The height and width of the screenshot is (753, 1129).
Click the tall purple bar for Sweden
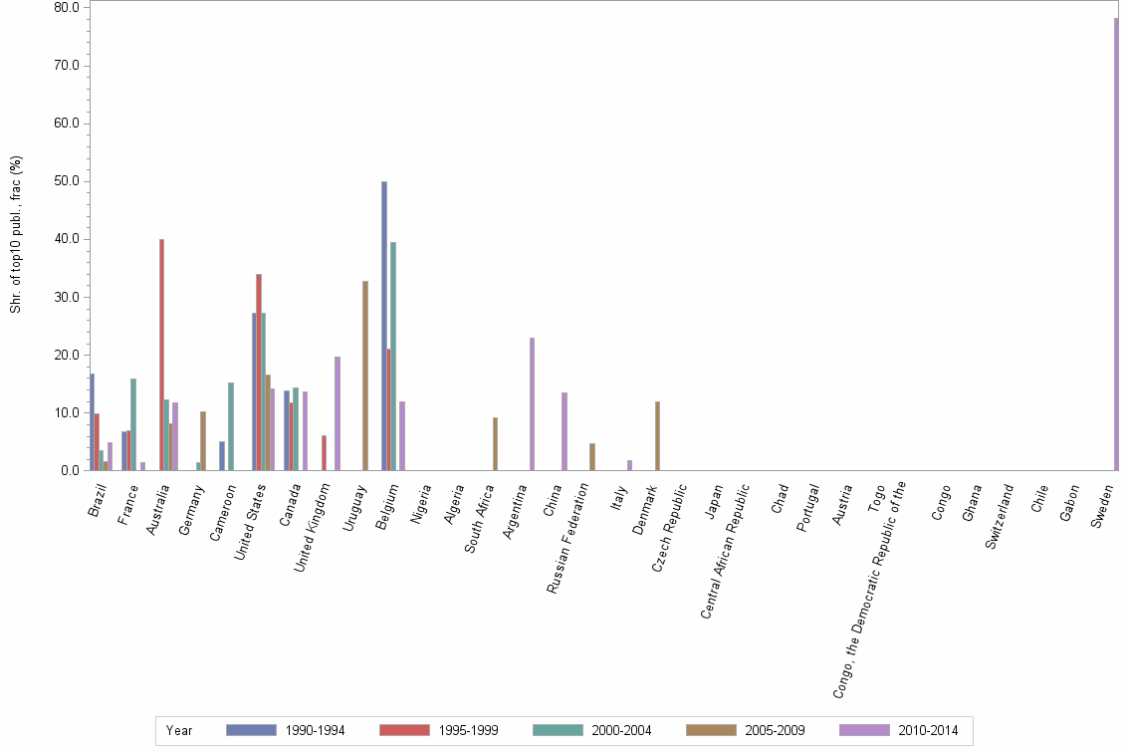1116,244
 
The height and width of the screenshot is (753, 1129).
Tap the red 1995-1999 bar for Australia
161,355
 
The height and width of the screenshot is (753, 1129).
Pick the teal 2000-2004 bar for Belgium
393,356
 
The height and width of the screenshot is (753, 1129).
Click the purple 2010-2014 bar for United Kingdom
338,413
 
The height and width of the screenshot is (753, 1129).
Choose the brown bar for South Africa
495,443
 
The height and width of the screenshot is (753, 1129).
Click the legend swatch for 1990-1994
251,730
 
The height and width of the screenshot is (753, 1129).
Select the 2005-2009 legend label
775,731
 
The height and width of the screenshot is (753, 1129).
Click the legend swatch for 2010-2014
864,730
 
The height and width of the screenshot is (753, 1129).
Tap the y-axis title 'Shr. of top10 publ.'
15,234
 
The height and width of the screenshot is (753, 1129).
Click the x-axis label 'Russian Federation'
571,538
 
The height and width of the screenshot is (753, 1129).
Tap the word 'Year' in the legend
179,731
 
